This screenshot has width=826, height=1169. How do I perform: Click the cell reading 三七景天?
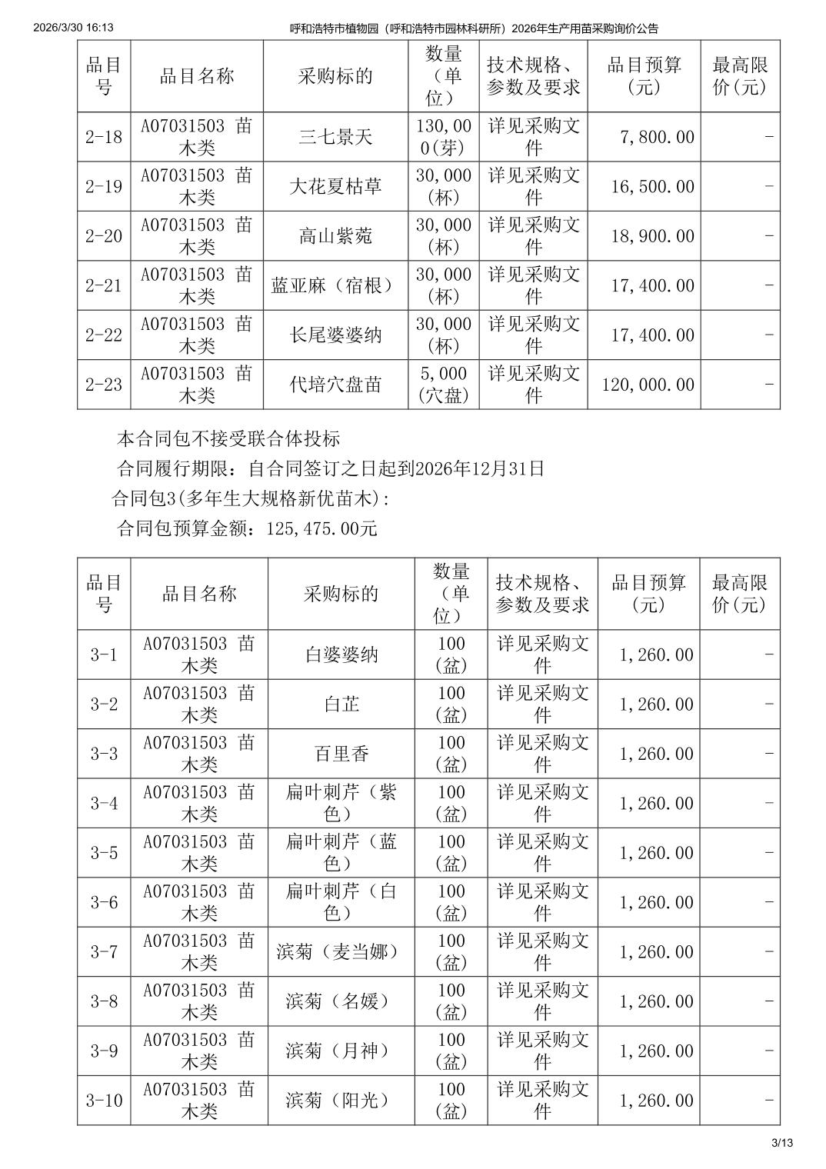335,137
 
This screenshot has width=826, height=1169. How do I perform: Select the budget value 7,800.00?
657,137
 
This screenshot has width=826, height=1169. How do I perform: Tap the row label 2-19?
104,187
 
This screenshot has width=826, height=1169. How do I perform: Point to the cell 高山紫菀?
335,236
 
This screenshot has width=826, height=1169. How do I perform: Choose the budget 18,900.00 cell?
652,236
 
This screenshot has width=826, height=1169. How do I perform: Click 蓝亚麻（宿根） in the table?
335,286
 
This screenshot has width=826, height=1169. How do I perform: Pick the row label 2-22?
104,335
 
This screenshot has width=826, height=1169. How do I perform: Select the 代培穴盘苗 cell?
335,385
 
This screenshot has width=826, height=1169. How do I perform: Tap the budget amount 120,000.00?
648,385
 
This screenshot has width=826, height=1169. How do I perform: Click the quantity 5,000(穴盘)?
443,385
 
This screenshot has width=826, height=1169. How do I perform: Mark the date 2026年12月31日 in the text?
479,468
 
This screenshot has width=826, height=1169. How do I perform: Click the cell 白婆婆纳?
341,655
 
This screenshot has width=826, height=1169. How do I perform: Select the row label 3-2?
104,704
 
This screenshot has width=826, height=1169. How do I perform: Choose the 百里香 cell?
341,754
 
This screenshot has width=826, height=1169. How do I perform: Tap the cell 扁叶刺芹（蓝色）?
341,853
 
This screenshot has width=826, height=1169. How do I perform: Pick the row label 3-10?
104,1101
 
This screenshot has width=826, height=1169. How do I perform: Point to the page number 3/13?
782,1143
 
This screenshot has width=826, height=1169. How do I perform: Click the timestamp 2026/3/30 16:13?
74,28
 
